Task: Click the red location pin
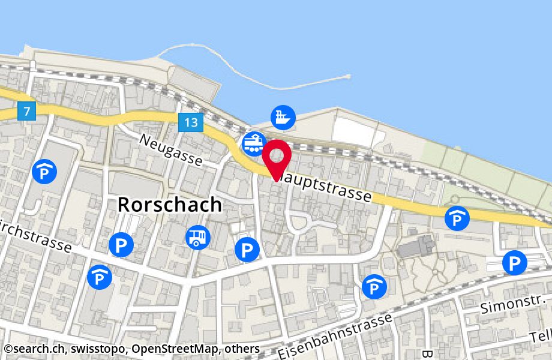[x=277, y=157]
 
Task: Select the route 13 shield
[x=191, y=123]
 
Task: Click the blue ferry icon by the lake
[x=282, y=116]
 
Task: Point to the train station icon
[x=254, y=143]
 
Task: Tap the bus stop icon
[x=198, y=237]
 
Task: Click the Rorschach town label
[x=169, y=205]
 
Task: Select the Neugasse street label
[x=171, y=150]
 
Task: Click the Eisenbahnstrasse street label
[x=336, y=336]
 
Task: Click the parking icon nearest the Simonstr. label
[x=514, y=263]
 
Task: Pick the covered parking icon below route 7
[x=44, y=172]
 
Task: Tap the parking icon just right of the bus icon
[x=247, y=249]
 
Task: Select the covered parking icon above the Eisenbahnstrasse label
[x=374, y=286]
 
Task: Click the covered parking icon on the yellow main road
[x=457, y=218]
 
